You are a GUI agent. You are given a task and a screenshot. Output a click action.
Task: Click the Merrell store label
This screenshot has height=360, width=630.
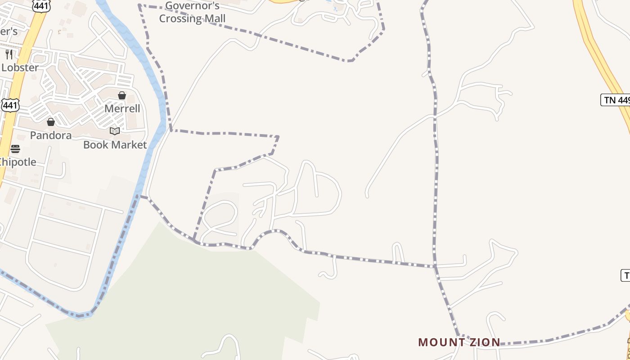122,108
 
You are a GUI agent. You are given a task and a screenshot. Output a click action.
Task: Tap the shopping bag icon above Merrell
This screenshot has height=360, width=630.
122,95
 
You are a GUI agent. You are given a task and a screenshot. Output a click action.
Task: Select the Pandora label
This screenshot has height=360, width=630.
50,135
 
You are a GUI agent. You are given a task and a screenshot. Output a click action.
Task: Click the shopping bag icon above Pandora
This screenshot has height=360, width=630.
50,122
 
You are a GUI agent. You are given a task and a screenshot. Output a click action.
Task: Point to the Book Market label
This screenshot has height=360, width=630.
115,145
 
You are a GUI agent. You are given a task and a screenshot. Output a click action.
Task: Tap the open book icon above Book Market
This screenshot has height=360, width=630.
115,131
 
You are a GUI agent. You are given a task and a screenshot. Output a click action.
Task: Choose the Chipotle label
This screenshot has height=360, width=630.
17,162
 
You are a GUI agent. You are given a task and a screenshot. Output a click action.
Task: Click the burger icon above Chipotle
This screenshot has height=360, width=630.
15,149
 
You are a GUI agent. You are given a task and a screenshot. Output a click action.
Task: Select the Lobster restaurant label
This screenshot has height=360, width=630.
20,67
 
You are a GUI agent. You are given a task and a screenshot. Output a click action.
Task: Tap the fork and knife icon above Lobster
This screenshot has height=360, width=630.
9,54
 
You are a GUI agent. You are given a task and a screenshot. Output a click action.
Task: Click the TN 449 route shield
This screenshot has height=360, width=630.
616,100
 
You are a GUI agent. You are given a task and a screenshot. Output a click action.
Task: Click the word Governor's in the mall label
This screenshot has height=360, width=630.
192,6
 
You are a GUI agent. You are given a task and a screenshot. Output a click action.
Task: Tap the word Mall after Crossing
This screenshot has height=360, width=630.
214,19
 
